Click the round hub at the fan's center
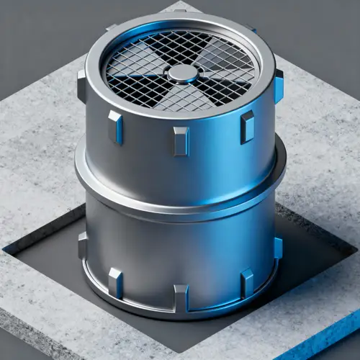point(181,72)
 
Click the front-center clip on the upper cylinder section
point(180,140)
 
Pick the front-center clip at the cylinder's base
point(180,297)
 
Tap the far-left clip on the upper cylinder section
point(81,85)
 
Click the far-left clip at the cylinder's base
point(82,245)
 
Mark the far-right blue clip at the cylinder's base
point(278,248)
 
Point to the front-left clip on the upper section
point(115,127)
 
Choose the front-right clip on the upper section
point(247,127)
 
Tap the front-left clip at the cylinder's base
point(115,282)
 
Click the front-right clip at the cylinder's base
point(246,282)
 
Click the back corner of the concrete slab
point(180,6)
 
